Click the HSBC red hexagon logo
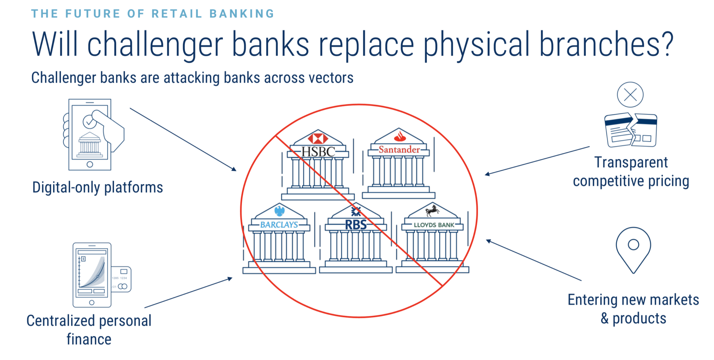coord(318,138)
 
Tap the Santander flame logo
coord(400,136)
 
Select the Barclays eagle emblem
coord(280,211)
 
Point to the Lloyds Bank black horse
coord(432,210)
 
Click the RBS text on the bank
coord(356,225)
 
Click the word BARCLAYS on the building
coord(279,225)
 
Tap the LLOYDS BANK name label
coord(434,225)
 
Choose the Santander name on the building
coord(399,150)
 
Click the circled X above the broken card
coord(630,94)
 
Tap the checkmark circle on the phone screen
coord(89,122)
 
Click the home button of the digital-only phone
coord(90,164)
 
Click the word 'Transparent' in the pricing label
coord(631,162)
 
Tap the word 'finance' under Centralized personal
coord(89,339)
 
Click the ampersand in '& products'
coord(605,319)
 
